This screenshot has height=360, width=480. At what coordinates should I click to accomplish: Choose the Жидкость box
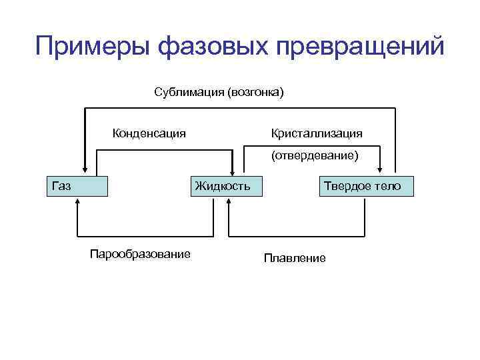tap(223, 186)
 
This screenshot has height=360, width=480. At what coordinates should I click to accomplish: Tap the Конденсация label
tap(149, 133)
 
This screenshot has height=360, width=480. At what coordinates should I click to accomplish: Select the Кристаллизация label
tap(317, 133)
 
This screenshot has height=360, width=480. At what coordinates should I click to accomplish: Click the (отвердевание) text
tap(314, 156)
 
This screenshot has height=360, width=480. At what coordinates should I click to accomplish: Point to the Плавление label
tap(295, 258)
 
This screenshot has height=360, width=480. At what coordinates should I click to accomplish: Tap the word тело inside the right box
tap(388, 186)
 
